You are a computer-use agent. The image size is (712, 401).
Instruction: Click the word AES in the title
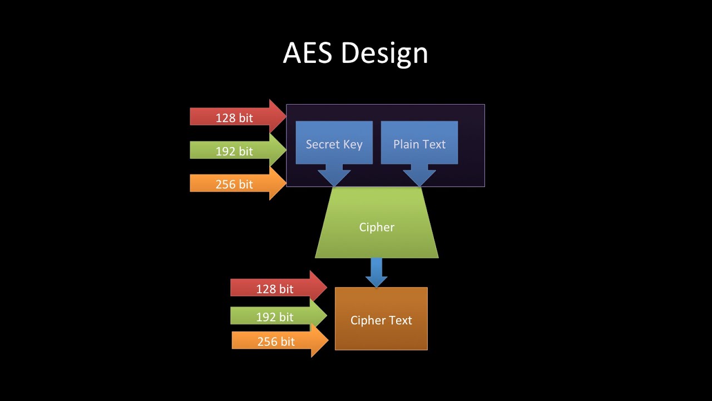308,53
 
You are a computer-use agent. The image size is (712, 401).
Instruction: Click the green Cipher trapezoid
377,227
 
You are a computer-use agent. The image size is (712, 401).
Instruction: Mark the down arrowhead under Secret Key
334,175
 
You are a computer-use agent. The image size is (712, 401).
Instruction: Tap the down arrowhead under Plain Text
419,175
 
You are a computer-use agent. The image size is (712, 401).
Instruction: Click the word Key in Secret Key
352,145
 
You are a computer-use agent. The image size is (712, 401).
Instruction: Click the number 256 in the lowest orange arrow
268,341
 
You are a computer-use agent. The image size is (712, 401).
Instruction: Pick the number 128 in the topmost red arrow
225,118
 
